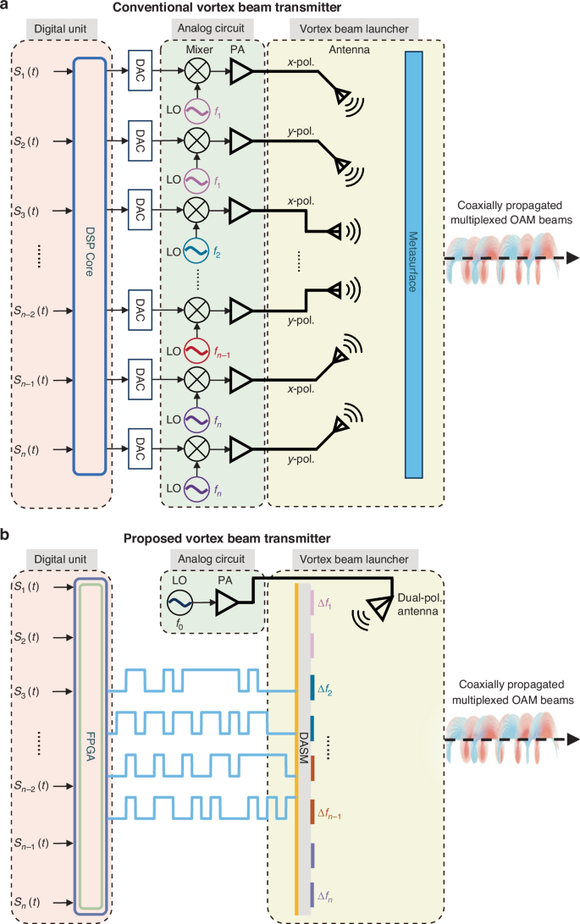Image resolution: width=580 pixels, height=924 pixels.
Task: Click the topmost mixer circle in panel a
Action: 196,74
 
